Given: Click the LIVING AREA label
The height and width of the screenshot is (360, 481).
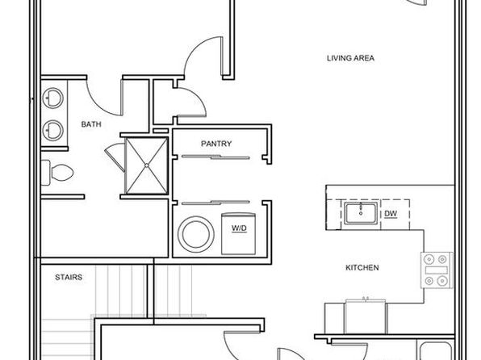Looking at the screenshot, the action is click(x=350, y=58).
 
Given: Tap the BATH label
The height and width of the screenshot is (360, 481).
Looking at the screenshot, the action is click(x=91, y=124).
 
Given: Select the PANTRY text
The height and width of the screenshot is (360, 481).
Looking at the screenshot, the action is click(x=216, y=144).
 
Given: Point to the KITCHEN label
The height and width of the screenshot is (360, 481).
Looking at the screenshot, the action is click(x=362, y=268).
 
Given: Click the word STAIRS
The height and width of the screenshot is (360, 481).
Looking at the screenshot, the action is click(x=69, y=277).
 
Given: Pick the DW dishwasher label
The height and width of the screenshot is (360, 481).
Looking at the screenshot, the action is click(x=391, y=214).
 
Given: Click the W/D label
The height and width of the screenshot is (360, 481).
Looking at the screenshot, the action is click(x=239, y=228).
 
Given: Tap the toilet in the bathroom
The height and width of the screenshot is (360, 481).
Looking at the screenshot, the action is click(x=57, y=173).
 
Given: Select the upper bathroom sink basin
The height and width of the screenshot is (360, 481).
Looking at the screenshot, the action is click(x=52, y=98).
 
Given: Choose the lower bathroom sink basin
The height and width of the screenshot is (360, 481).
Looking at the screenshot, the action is click(x=52, y=131).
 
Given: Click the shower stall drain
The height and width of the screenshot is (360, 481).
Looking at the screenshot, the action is click(x=147, y=165).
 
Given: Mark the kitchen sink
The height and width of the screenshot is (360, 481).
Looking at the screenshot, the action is click(x=361, y=213).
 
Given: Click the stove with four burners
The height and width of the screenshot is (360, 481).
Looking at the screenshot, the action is click(x=437, y=270).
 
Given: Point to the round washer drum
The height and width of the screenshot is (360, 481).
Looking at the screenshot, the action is click(x=196, y=234).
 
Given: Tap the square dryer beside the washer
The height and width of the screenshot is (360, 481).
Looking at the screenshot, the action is click(x=238, y=233).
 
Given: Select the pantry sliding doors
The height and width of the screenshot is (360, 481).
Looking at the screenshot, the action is click(x=215, y=157).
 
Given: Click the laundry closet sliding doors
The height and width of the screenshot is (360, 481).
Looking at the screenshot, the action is click(x=215, y=203).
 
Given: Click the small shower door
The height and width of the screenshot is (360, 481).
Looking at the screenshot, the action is click(x=115, y=157).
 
